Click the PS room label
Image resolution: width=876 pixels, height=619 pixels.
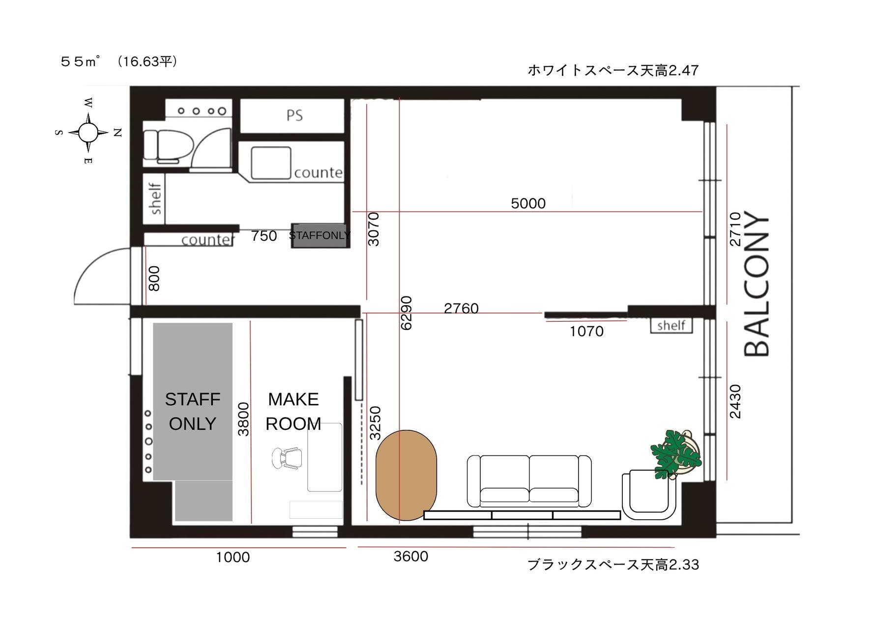(x=294, y=115)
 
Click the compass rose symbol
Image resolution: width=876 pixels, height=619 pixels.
(x=88, y=132)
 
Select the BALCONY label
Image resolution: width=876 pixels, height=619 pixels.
(x=756, y=285)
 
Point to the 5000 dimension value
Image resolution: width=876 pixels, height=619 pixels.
(x=528, y=203)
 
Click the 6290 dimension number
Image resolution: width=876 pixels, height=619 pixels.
(x=406, y=313)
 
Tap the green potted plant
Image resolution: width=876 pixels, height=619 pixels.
(x=675, y=453)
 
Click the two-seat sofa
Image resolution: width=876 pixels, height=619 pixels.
(x=529, y=481)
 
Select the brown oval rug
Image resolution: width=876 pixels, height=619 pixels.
(x=406, y=475)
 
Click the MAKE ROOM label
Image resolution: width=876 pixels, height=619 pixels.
(x=293, y=412)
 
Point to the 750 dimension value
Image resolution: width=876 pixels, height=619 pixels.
(x=264, y=236)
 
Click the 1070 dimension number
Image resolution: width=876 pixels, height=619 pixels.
(x=586, y=332)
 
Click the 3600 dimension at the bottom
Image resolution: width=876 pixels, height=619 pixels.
(x=411, y=557)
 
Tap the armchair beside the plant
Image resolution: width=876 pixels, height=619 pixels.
(x=648, y=495)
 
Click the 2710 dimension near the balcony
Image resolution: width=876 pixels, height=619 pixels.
(x=735, y=229)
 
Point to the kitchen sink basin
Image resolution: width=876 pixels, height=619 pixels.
(x=271, y=163)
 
